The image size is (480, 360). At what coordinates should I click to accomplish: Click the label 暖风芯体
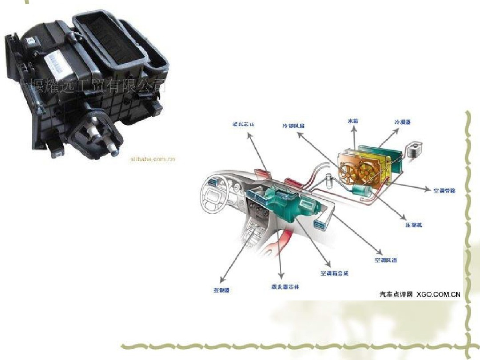[244, 125]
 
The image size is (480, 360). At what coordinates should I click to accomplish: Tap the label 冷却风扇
[293, 126]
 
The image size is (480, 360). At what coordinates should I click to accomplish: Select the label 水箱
[353, 121]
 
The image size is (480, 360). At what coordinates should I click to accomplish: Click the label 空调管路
[444, 190]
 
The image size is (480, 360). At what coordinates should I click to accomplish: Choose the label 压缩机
[414, 225]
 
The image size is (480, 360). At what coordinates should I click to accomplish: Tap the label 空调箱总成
[334, 273]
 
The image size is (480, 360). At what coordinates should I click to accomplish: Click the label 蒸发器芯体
[285, 286]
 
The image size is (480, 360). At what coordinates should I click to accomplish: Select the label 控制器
[221, 290]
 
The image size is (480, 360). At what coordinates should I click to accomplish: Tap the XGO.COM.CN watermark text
[438, 294]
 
